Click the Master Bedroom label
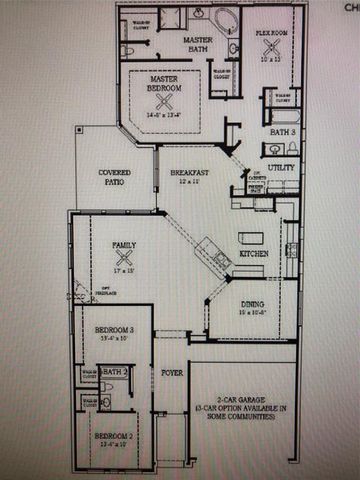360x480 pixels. point(164,83)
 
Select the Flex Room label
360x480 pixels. point(271,32)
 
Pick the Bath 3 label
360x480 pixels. point(283,131)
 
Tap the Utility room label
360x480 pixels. point(281,167)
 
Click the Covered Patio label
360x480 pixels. point(114,178)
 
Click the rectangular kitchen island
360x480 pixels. point(251,237)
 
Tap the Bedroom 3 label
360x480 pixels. point(114,330)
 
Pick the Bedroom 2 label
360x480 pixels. point(113,437)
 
